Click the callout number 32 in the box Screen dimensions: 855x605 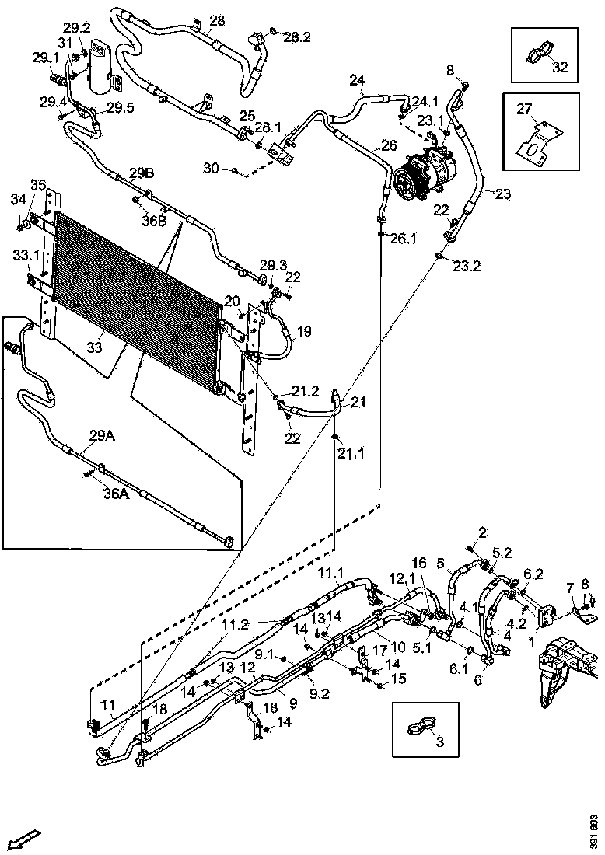pyautogui.click(x=560, y=68)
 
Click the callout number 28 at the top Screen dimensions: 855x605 pyautogui.click(x=217, y=19)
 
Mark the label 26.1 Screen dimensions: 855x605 pyautogui.click(x=404, y=239)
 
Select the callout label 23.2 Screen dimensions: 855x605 pyautogui.click(x=467, y=265)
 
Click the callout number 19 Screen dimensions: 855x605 pyautogui.click(x=303, y=331)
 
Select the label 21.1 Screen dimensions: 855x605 pyautogui.click(x=351, y=453)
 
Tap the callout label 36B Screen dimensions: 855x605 pyautogui.click(x=154, y=220)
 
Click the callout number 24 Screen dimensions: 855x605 pyautogui.click(x=356, y=80)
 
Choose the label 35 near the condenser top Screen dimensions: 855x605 pyautogui.click(x=38, y=184)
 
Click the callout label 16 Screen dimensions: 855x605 pyautogui.click(x=419, y=563)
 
